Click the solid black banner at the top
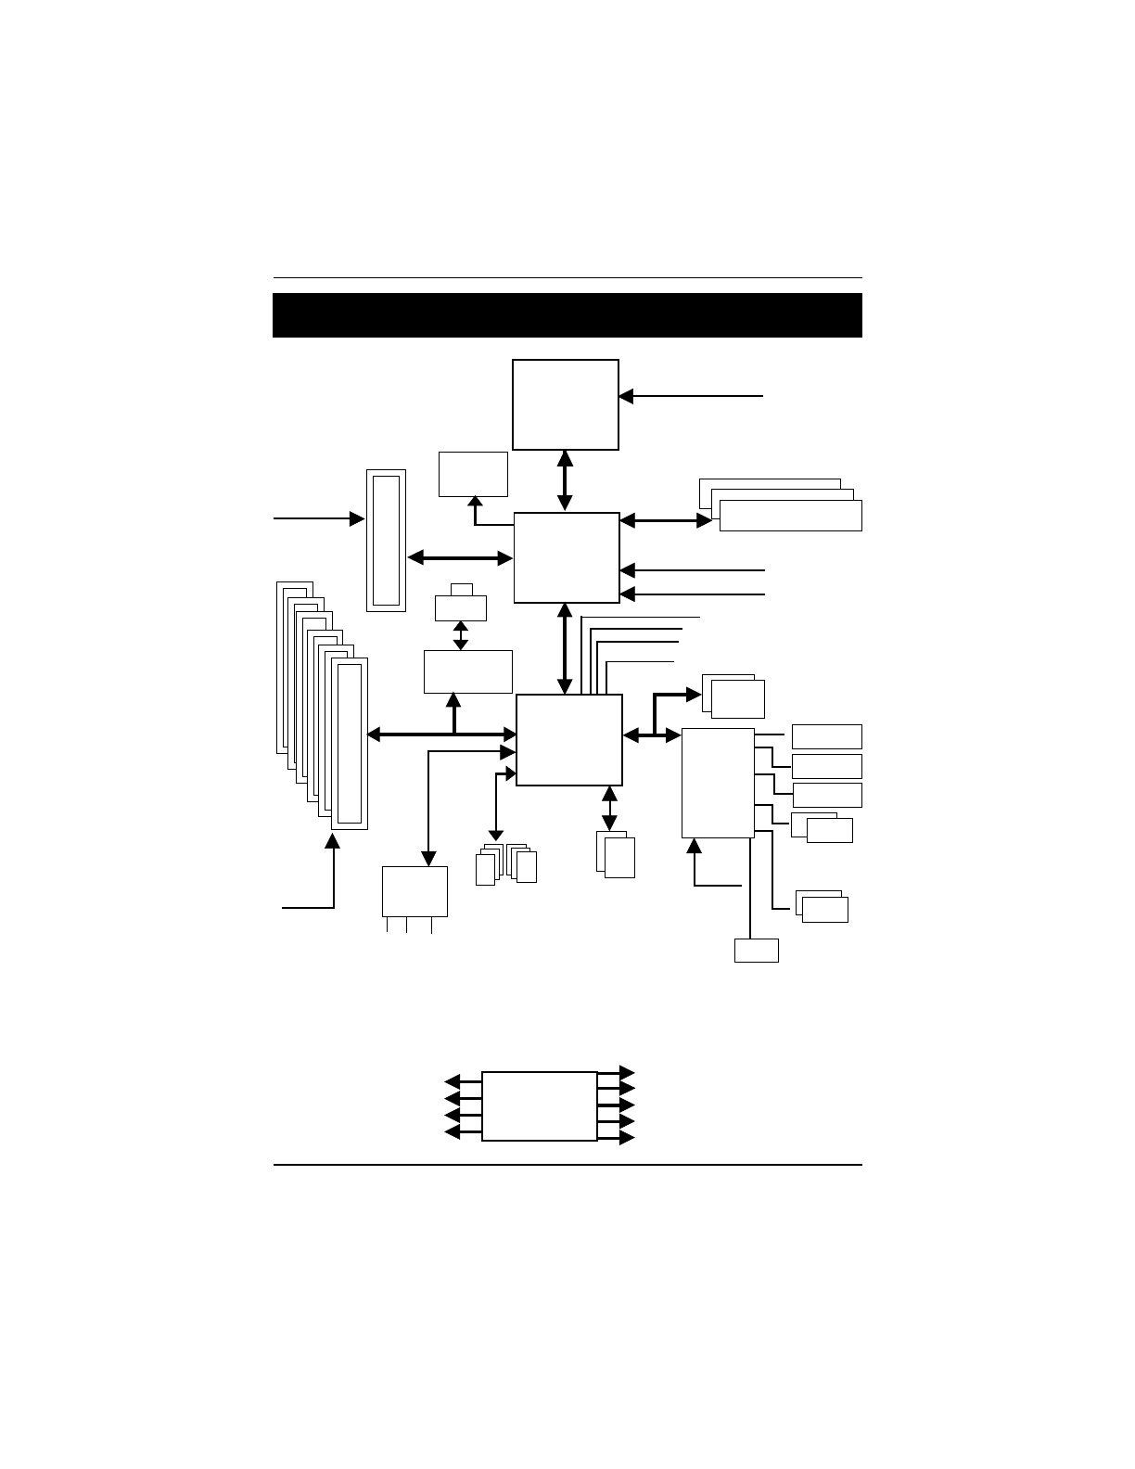pos(567,315)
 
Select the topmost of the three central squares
pos(566,404)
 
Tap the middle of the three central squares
pos(567,557)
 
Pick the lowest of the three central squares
pos(568,739)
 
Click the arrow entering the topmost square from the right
pos(691,396)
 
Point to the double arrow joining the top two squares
pos(565,480)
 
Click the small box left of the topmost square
pos(473,474)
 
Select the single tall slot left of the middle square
pos(386,541)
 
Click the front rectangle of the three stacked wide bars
pos(790,516)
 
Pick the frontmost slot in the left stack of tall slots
pos(350,744)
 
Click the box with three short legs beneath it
pos(414,891)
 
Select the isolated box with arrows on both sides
pos(539,1106)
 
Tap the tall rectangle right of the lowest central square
pos(717,783)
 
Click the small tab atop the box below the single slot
pos(461,590)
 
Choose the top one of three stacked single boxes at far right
pos(827,736)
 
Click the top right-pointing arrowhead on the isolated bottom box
pos(628,1072)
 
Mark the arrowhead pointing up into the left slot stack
pos(333,840)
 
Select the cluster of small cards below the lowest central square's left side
pos(505,864)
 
